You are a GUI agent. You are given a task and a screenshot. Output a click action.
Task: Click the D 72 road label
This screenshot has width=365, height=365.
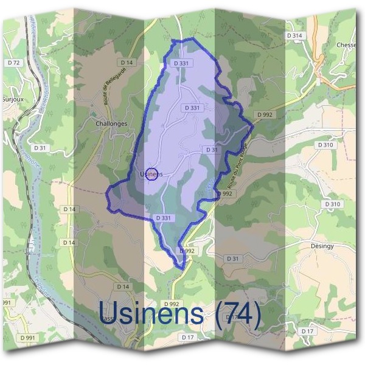[13, 63]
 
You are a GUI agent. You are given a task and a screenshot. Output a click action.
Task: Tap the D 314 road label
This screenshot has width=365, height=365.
[294, 36]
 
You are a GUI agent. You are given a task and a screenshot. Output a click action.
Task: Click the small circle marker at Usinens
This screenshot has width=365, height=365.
[153, 174]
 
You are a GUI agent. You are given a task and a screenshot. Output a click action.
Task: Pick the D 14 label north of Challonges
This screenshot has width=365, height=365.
[127, 62]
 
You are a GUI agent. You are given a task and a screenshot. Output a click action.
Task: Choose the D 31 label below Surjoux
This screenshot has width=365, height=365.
[40, 147]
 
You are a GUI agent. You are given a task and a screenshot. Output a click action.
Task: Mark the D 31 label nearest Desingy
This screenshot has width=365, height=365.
[232, 259]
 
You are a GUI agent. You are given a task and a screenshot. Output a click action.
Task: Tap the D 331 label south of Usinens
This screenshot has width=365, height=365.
[164, 217]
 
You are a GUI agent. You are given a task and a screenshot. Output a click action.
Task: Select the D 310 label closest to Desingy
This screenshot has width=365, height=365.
[333, 204]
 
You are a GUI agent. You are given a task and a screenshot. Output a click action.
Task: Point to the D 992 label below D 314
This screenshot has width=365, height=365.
[265, 114]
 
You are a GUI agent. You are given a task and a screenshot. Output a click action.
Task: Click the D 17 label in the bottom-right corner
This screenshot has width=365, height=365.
[308, 330]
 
